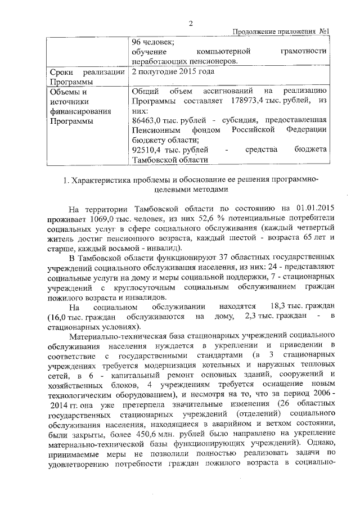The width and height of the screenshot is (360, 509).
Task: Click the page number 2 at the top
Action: point(190,23)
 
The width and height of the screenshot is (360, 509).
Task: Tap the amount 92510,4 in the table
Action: point(146,150)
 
